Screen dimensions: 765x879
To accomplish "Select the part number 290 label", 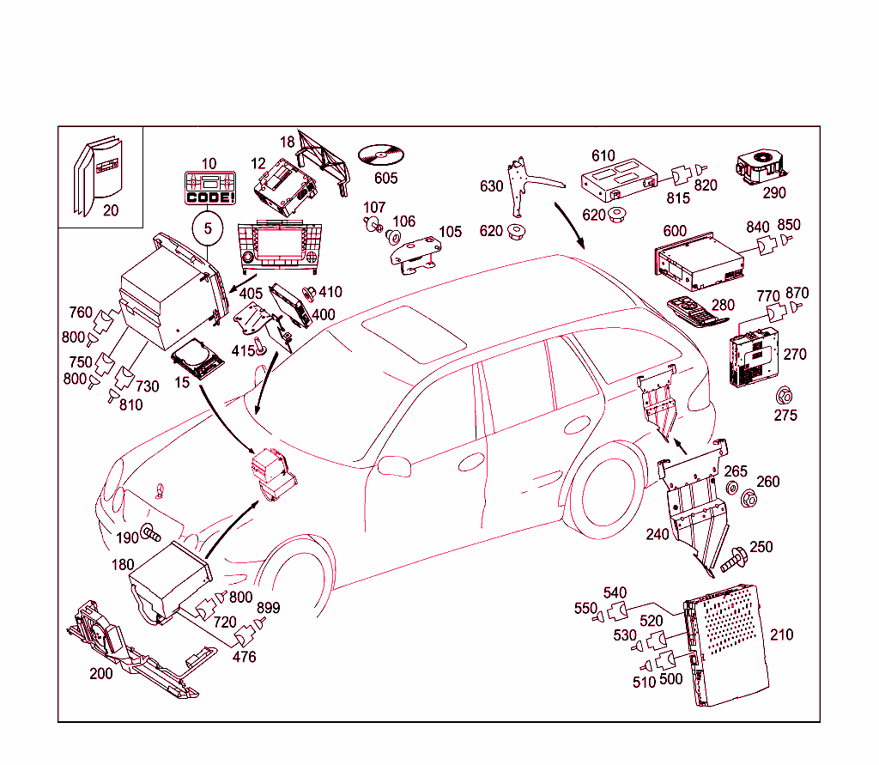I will pyautogui.click(x=774, y=193).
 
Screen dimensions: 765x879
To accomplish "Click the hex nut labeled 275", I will pyautogui.click(x=783, y=397).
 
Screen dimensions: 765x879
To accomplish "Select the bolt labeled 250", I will pyautogui.click(x=733, y=560).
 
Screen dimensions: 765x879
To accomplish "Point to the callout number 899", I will pyautogui.click(x=268, y=608).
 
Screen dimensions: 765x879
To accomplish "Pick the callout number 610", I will pyautogui.click(x=603, y=155).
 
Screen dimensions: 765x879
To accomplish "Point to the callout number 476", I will pyautogui.click(x=244, y=658).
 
